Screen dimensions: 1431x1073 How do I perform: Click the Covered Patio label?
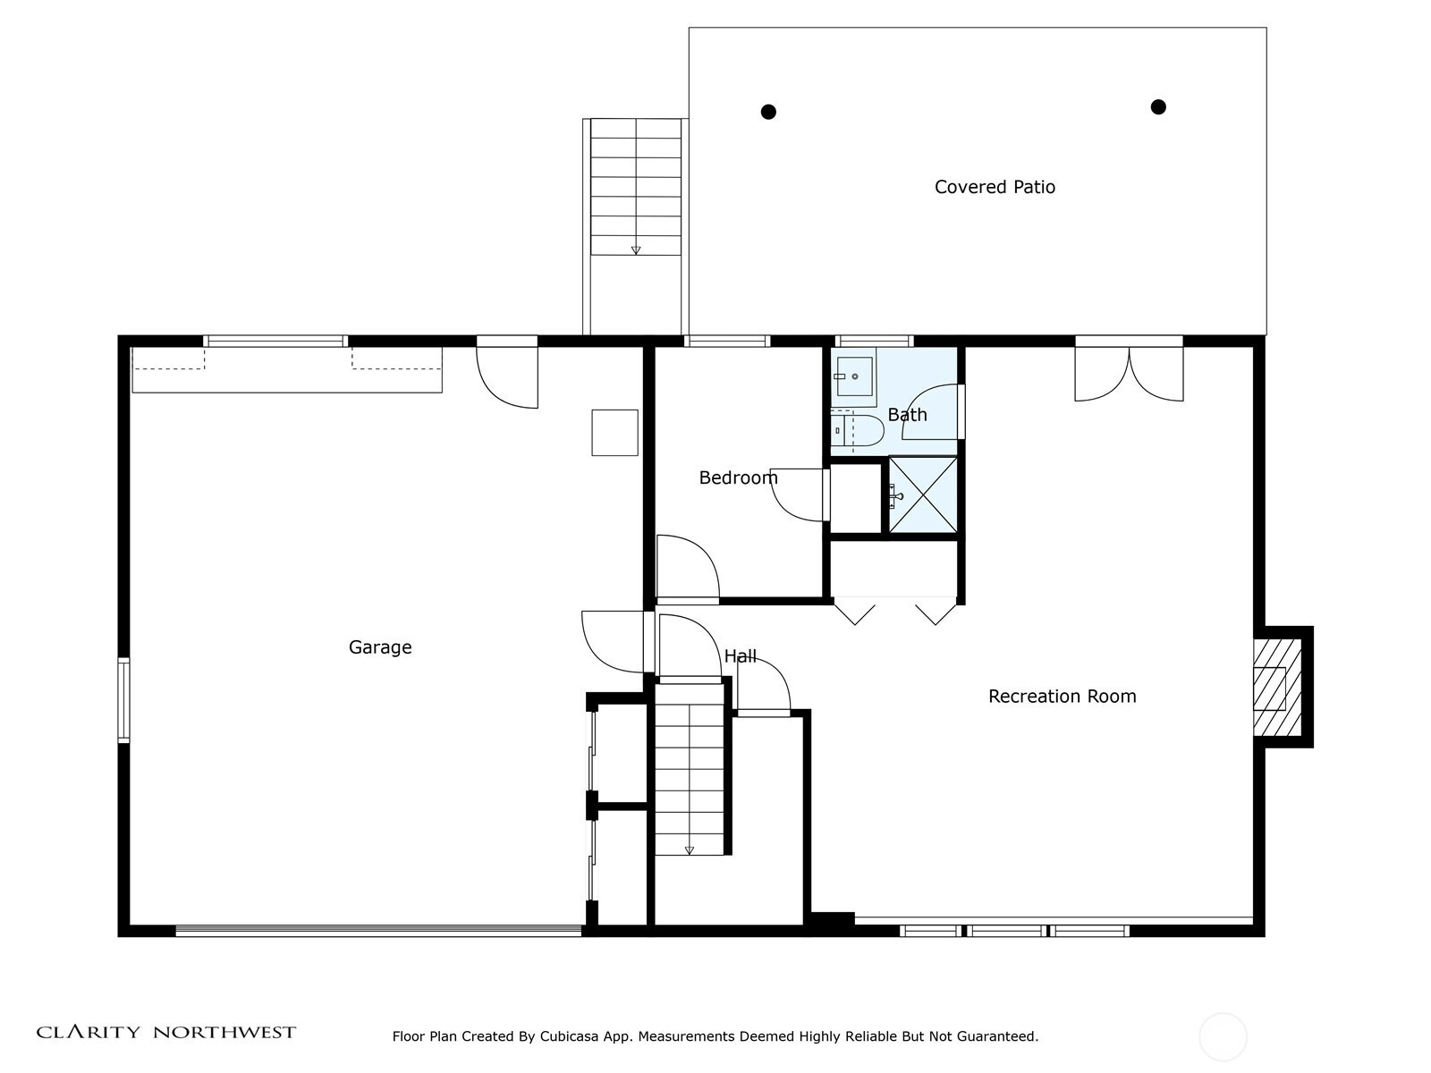(x=995, y=187)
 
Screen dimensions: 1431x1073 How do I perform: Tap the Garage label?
(x=380, y=647)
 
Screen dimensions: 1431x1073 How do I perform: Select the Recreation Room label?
(x=1062, y=697)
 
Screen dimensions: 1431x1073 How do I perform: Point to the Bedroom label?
(x=738, y=478)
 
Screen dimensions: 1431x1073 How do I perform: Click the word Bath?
(x=907, y=414)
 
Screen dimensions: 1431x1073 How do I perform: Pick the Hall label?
(x=740, y=656)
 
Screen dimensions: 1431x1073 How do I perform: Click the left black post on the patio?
(x=768, y=112)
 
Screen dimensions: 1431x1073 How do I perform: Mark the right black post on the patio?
(x=1158, y=106)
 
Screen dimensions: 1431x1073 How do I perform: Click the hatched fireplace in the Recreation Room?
(x=1278, y=688)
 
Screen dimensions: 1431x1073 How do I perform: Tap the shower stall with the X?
(x=922, y=495)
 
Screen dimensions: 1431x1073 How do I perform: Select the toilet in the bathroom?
(x=857, y=431)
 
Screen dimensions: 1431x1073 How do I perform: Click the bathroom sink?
(x=854, y=376)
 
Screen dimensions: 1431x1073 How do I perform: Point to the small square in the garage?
(x=614, y=433)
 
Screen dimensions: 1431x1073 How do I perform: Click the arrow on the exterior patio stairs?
(x=636, y=250)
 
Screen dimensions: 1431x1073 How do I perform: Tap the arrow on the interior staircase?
(x=689, y=849)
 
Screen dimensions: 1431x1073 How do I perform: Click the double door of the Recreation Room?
(x=1129, y=374)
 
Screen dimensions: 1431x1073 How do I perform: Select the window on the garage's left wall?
(x=123, y=700)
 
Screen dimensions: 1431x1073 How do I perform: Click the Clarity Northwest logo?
(x=165, y=1032)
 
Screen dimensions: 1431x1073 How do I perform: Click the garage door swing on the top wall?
(x=507, y=377)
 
